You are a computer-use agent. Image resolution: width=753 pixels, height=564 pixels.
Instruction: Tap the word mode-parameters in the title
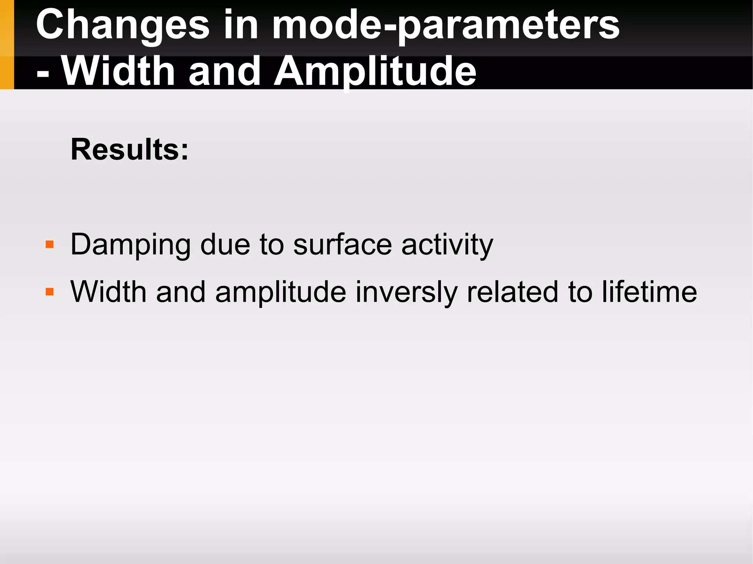click(x=445, y=26)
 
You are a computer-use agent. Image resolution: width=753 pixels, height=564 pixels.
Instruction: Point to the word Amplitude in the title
click(x=375, y=72)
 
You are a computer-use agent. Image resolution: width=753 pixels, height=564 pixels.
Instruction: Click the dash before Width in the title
click(x=43, y=73)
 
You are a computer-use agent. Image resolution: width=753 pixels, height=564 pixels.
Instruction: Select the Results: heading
click(x=129, y=150)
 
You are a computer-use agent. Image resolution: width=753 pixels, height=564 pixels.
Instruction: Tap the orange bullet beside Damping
click(x=50, y=244)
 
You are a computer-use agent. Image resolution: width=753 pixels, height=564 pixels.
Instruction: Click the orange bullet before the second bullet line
click(x=50, y=292)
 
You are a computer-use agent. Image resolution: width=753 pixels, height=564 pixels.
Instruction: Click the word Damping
click(x=131, y=245)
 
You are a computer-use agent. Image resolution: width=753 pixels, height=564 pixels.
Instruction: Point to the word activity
click(x=447, y=245)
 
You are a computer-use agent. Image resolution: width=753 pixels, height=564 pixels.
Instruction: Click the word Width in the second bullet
click(x=108, y=292)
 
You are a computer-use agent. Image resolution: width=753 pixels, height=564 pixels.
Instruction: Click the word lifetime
click(x=649, y=292)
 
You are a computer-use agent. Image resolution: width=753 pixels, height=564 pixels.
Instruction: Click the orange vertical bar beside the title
click(x=7, y=44)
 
